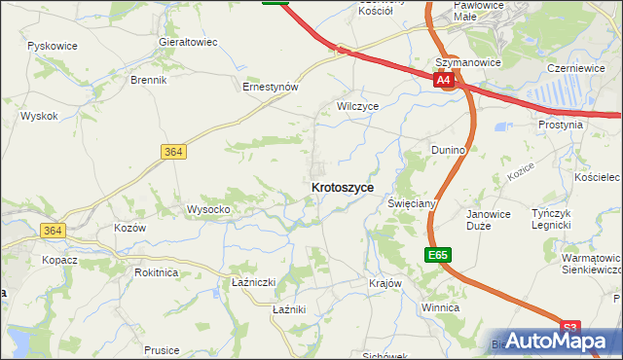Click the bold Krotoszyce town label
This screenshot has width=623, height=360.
[342, 187]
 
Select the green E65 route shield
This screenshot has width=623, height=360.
[438, 255]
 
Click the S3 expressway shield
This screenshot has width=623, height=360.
[570, 328]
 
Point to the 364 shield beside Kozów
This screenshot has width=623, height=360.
[53, 231]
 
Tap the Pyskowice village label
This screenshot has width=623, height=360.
[54, 46]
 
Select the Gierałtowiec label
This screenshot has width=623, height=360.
[187, 43]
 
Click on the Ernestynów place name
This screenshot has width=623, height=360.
[270, 86]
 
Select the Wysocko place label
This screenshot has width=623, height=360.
[207, 209]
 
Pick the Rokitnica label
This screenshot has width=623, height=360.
[156, 272]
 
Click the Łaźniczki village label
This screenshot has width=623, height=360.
[254, 282]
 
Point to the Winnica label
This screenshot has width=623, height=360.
[439, 306]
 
